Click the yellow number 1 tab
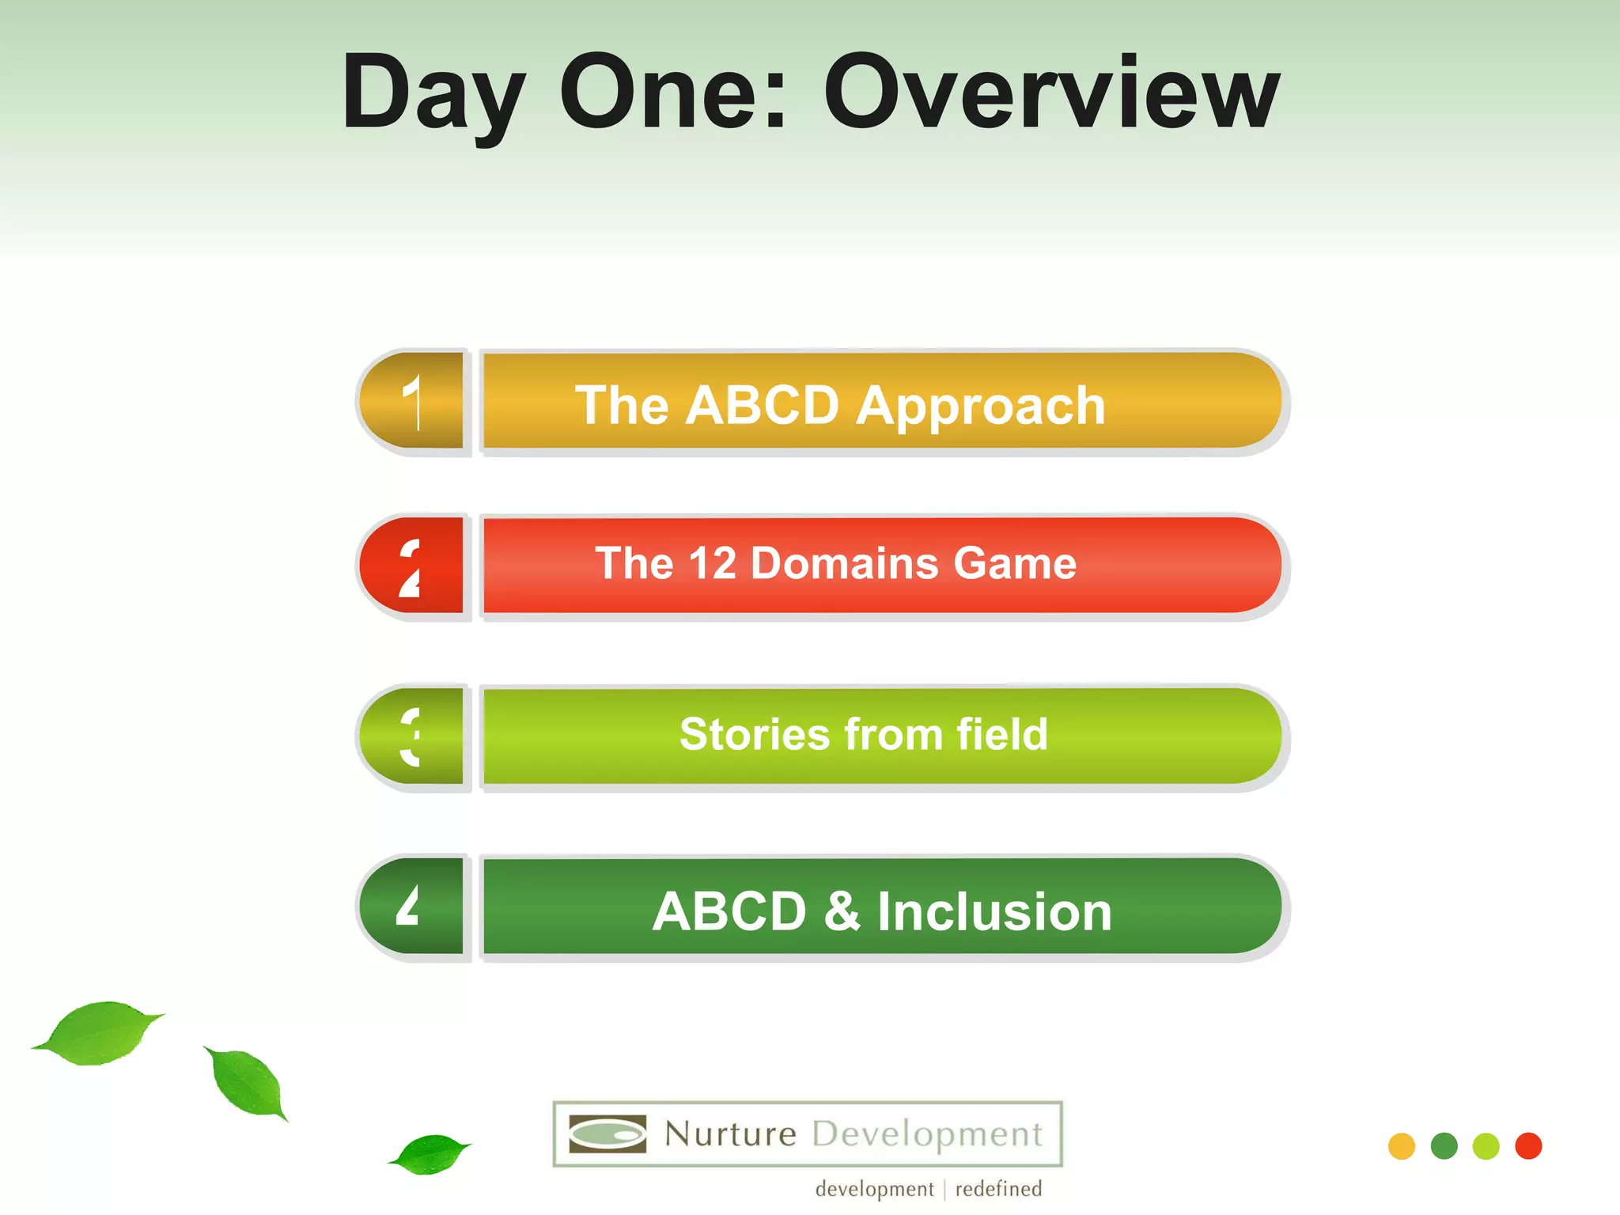pos(412,401)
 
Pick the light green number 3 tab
pos(412,736)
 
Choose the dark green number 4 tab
pos(412,907)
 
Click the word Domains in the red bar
pos(844,563)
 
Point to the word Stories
pos(754,733)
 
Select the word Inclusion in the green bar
pos(994,911)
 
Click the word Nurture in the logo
pos(730,1134)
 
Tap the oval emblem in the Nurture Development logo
pos(607,1134)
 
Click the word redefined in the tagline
pos(998,1189)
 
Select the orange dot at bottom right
pos(1402,1146)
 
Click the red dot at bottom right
pos(1528,1146)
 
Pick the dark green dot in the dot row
pos(1444,1146)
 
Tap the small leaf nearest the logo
pos(431,1153)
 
